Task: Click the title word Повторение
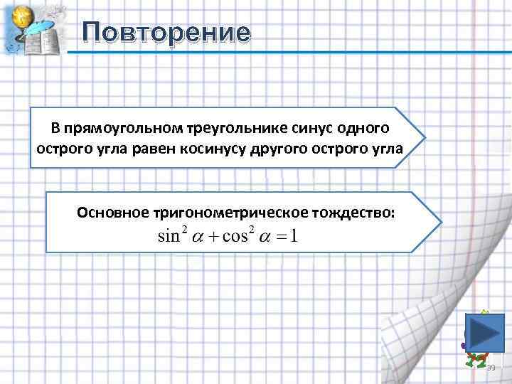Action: point(166,33)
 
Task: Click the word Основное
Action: point(112,212)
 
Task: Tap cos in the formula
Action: point(235,236)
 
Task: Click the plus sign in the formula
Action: point(213,237)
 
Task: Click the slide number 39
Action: point(490,367)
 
